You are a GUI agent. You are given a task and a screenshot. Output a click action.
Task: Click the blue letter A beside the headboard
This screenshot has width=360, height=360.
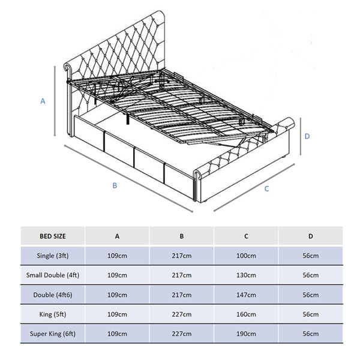43,101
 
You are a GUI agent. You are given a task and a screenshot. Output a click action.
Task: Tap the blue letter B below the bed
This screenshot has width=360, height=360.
115,185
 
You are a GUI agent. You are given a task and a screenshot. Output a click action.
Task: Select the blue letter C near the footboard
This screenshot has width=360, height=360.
266,189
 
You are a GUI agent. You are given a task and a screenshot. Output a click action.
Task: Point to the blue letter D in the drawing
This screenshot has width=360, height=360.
307,136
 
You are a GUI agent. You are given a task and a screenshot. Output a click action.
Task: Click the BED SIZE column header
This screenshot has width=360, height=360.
53,236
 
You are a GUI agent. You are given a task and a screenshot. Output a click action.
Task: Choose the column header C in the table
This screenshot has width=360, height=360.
246,236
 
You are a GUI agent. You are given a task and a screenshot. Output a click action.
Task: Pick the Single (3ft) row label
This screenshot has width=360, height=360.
53,256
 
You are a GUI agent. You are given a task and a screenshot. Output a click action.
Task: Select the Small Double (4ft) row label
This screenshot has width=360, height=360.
53,275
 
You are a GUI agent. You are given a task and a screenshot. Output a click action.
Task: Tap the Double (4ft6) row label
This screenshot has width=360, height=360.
53,295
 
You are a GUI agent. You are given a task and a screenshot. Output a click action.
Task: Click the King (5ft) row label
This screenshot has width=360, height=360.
53,314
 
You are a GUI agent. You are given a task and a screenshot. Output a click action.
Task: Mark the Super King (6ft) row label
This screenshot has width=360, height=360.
53,334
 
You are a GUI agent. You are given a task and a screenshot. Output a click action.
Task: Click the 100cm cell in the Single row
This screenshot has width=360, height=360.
246,256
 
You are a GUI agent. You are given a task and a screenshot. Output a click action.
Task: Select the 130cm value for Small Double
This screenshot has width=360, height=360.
246,275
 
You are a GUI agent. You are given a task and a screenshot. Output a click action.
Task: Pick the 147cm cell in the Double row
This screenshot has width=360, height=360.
246,295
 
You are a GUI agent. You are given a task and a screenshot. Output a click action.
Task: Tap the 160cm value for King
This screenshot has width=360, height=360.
246,314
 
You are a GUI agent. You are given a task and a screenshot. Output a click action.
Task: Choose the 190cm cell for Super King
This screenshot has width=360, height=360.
246,334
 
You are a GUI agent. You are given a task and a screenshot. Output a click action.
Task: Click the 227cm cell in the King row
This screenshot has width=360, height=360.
182,314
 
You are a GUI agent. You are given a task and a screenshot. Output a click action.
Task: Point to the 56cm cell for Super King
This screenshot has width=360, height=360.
311,334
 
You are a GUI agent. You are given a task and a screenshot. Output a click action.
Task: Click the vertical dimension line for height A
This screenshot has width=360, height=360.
55,101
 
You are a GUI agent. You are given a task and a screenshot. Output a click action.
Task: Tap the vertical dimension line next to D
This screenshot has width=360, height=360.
301,136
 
